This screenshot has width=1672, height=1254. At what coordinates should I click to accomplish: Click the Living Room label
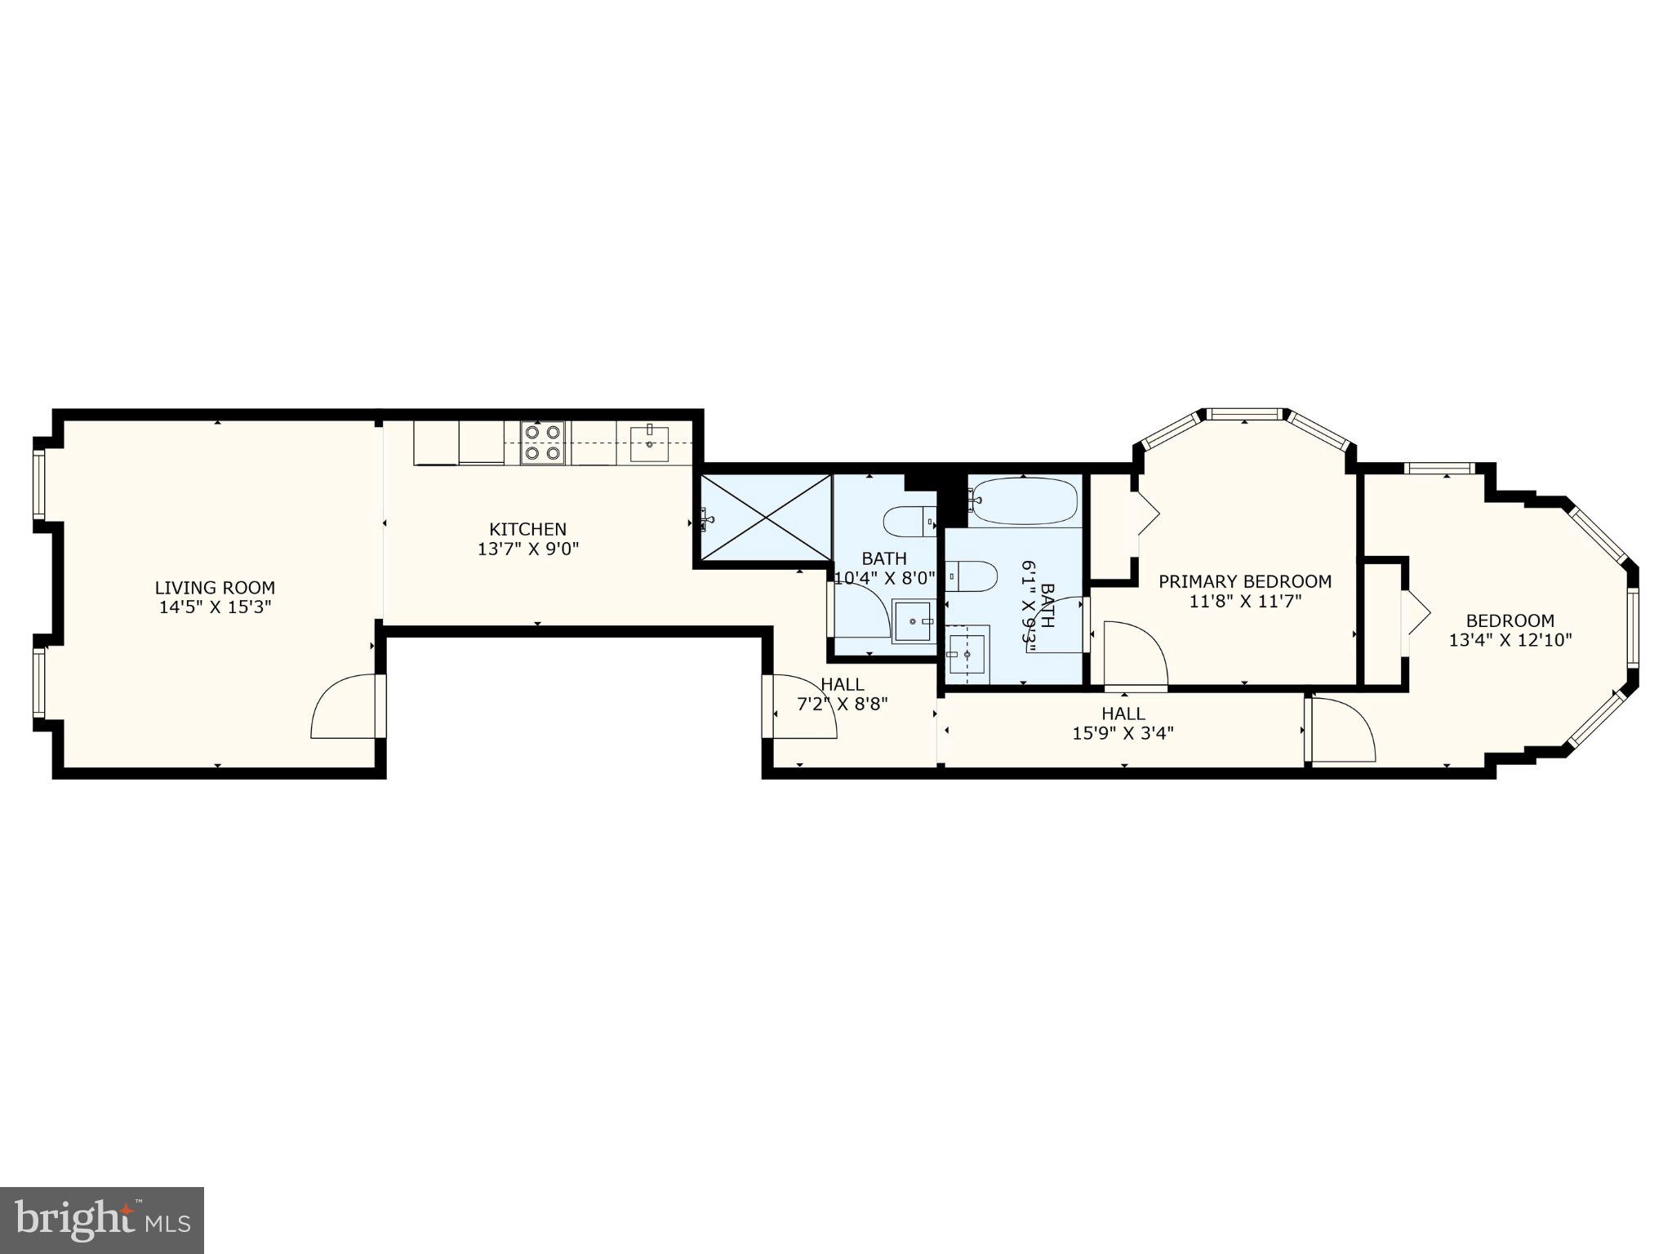215,588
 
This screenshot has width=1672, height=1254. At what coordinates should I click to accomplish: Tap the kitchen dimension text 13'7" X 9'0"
528,549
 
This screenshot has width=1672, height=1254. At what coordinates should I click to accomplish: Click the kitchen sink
649,444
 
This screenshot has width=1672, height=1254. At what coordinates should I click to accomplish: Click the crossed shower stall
765,518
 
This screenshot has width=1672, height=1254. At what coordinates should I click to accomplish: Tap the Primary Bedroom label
1244,581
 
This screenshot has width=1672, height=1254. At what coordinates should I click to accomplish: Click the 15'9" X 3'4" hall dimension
1123,733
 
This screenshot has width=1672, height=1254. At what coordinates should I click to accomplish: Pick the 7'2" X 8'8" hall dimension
842,703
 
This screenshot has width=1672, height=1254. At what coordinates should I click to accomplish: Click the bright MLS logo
102,1220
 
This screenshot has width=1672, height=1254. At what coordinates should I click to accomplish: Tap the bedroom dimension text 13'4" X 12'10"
1510,640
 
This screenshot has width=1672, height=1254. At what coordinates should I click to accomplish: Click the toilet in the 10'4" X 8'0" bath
909,520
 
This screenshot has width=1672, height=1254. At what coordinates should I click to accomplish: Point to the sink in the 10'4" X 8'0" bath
913,621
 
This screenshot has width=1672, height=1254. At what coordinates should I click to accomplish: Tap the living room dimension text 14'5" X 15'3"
215,607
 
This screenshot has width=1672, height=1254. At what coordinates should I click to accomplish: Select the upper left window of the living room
38,485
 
